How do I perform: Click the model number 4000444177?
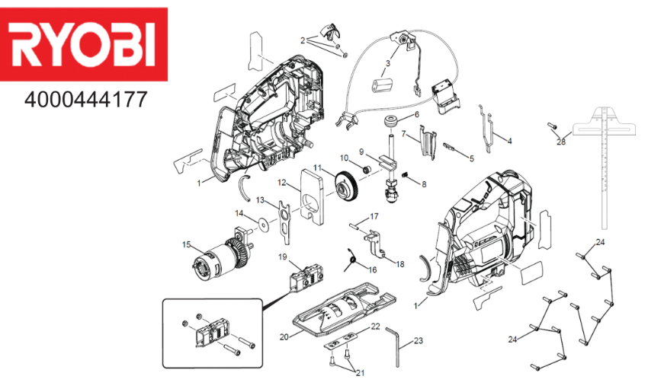pyautogui.click(x=84, y=100)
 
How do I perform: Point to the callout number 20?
pyautogui.click(x=284, y=336)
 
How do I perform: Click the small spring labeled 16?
pyautogui.click(x=353, y=261)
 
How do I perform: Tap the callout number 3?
pyautogui.click(x=388, y=63)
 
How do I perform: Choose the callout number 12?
pyautogui.click(x=282, y=183)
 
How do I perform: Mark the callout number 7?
pyautogui.click(x=403, y=134)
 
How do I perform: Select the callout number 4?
pyautogui.click(x=509, y=141)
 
